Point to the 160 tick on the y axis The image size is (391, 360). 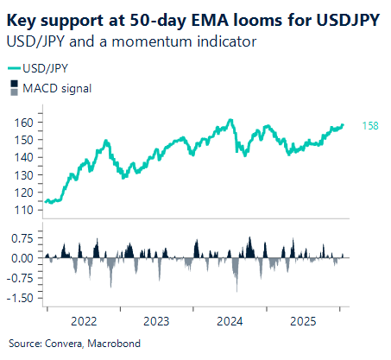coord(25,123)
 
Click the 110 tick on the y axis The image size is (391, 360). coord(25,210)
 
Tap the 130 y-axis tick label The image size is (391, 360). coord(25,175)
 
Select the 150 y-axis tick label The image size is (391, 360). coord(25,140)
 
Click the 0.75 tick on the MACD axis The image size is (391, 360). coord(22,238)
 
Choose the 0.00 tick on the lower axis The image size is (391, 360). coord(22,258)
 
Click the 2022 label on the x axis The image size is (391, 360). coord(83,321)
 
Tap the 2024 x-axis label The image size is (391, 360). coord(230,321)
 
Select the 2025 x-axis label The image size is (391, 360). coord(303,321)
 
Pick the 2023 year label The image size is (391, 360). coord(156,321)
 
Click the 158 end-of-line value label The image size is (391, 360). coord(369,126)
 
